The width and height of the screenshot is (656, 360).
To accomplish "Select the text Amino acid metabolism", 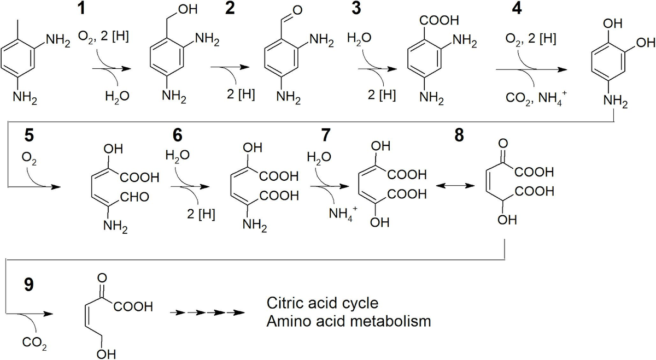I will pos(349,321).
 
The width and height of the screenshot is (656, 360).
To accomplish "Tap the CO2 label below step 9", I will pos(34,345).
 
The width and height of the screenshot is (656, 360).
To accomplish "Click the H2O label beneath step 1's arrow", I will pos(118,96).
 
